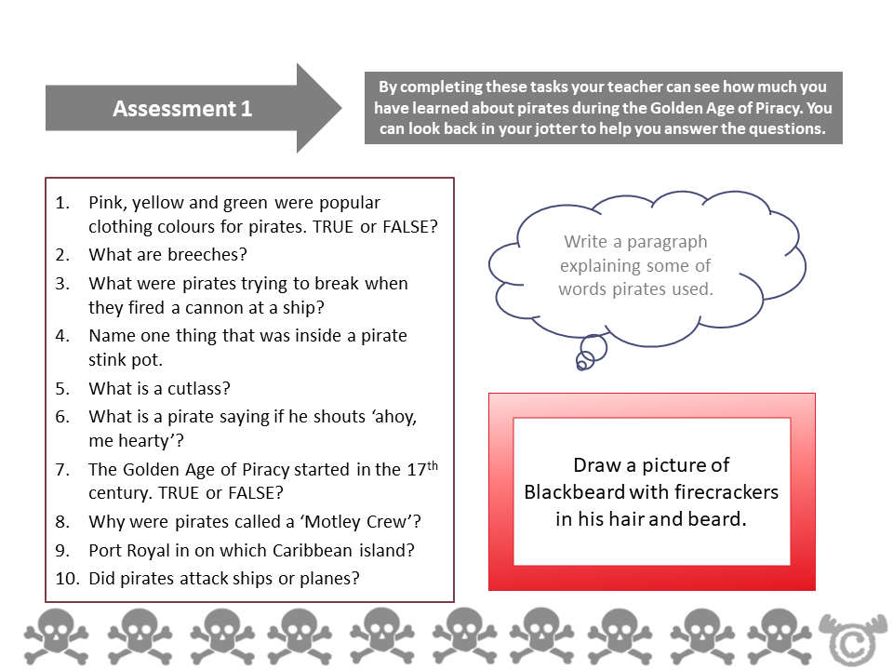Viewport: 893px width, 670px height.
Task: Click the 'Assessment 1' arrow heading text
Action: (182, 109)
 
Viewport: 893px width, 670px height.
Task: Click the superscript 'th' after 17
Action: (431, 462)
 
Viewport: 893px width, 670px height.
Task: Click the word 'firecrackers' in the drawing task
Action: (728, 491)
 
